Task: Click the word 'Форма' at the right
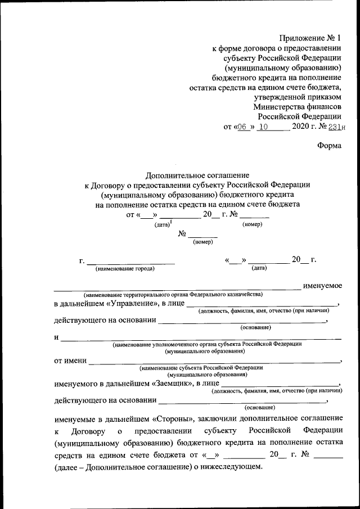[x=329, y=145]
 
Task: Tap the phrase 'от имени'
[x=70, y=359]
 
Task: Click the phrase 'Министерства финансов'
[x=296, y=106]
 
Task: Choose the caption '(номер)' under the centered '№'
[x=202, y=242]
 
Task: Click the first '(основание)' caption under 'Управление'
[x=255, y=327]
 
